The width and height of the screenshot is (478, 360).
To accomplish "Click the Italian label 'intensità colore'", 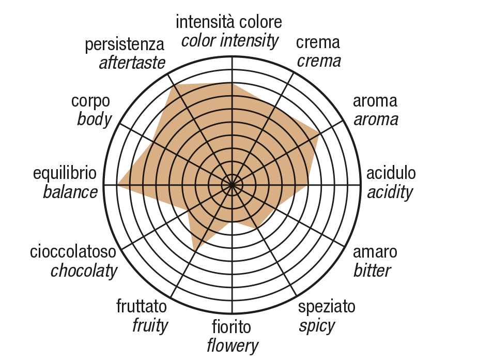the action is [x=228, y=22].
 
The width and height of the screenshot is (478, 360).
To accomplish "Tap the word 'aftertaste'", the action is [x=132, y=63].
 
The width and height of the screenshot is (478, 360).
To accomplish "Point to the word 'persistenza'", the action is [x=125, y=45].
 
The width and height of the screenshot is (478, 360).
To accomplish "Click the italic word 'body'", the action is [x=94, y=119].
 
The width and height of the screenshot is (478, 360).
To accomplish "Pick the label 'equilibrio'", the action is [x=65, y=174].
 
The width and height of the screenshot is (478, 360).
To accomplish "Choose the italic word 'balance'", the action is [x=70, y=192].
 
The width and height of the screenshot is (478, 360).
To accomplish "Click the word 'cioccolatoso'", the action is [x=73, y=252].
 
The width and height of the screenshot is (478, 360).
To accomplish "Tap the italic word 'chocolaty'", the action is [x=84, y=271].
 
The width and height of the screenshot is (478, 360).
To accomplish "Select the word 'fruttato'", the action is [x=142, y=306].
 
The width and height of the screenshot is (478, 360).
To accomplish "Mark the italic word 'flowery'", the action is [x=233, y=346].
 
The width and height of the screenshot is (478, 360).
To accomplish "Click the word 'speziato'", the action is [x=327, y=307].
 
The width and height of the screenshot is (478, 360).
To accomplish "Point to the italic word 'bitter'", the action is [x=372, y=271].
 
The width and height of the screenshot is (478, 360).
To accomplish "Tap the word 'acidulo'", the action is [x=391, y=173].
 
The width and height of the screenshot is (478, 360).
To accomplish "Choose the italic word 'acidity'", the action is [x=390, y=192].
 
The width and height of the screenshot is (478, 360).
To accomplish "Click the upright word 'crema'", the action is [x=318, y=42].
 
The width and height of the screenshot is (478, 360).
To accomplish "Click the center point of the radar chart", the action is [x=232, y=185].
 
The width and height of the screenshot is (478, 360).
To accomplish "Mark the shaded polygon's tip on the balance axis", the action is [x=118, y=185].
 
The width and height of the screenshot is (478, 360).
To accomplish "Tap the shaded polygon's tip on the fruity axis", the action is [x=194, y=251].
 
